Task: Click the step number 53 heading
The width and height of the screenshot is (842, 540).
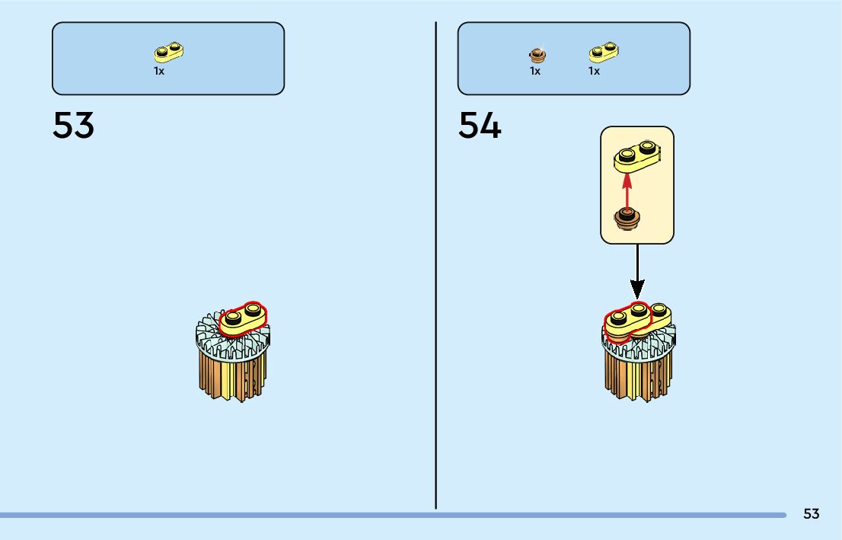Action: (73, 126)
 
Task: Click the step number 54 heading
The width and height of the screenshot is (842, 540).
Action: (480, 126)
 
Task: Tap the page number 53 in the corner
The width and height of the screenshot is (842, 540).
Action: (811, 514)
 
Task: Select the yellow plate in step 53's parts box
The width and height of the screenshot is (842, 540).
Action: (170, 52)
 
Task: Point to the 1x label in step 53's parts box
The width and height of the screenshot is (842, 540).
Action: (159, 71)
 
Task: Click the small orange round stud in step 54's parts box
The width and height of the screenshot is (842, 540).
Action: (537, 54)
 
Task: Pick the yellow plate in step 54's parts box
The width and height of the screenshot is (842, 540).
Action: (604, 52)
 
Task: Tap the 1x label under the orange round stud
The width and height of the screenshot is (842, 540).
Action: (535, 71)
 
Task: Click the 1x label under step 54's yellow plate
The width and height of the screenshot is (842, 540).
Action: (594, 71)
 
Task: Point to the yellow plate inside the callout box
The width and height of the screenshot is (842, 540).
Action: (636, 155)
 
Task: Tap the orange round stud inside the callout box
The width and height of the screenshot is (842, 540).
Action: (627, 220)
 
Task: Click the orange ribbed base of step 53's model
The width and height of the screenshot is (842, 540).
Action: (232, 377)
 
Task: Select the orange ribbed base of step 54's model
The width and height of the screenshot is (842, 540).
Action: (638, 379)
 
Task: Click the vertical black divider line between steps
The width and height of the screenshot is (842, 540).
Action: (435, 267)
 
